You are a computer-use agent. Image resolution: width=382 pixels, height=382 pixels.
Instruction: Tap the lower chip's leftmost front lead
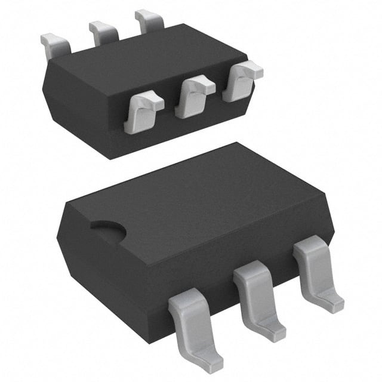point(192,322)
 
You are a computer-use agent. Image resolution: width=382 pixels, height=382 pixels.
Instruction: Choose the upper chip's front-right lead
point(241,81)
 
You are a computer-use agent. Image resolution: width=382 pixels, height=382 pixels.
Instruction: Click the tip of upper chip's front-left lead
point(136,127)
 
